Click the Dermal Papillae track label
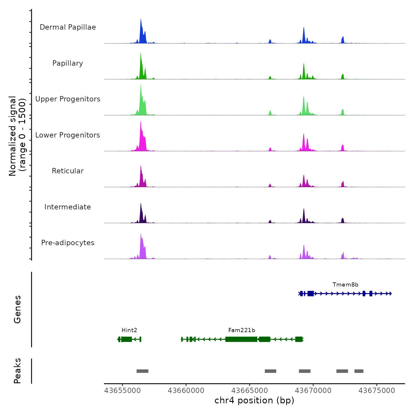[68, 27]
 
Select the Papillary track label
[68, 63]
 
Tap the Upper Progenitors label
[68, 99]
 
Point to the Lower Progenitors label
[68, 135]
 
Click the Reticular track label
[68, 171]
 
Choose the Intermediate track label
[68, 207]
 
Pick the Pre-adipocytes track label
[68, 243]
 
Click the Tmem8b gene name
[345, 285]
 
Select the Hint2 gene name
[129, 330]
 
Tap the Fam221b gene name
[242, 330]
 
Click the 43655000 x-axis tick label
[122, 391]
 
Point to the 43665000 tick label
[250, 391]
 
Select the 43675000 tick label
[377, 391]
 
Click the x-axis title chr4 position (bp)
[254, 400]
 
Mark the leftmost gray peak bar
[142, 371]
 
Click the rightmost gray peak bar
[359, 371]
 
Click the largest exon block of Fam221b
[241, 339]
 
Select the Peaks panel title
[17, 371]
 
